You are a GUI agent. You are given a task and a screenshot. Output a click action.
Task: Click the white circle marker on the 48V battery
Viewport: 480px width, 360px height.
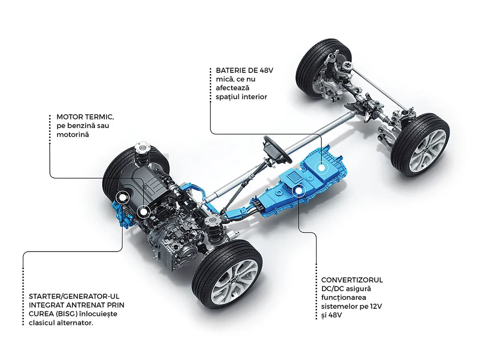pos(321,167)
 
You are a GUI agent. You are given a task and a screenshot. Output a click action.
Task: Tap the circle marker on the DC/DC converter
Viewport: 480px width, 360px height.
pos(299,190)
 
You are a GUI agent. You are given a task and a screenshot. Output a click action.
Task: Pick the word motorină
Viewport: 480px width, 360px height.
pos(72,135)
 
